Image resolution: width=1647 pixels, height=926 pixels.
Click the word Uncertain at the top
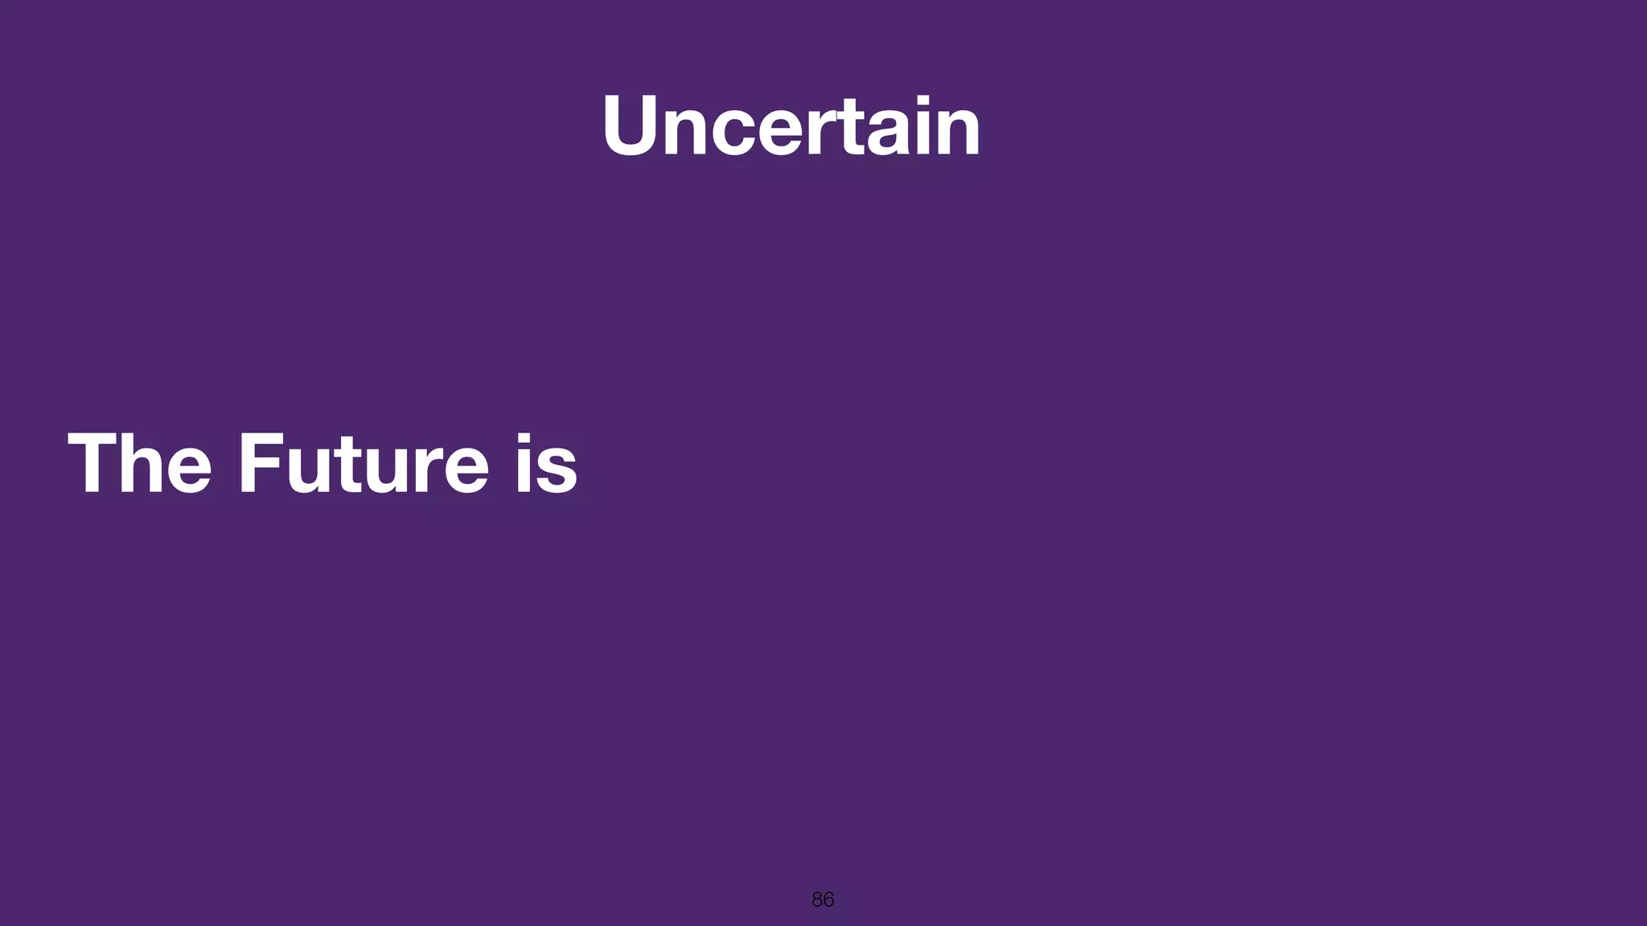791,126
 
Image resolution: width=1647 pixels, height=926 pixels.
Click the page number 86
823,899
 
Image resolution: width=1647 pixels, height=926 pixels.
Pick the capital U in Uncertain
635,126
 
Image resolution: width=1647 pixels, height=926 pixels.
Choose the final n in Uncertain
959,133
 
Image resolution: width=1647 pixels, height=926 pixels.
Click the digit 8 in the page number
817,899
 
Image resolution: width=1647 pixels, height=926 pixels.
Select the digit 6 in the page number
828,899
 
